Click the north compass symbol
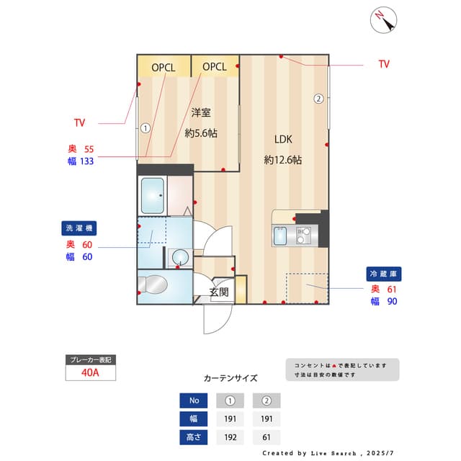tap(383, 19)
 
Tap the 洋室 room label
tap(201, 112)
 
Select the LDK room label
tap(282, 140)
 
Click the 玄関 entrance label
tap(219, 292)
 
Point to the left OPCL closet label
tap(164, 67)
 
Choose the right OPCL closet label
tap(215, 67)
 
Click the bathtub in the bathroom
tap(153, 195)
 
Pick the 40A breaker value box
tap(90, 373)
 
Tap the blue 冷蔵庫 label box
tap(384, 274)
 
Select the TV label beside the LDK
tap(384, 64)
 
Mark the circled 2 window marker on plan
tap(318, 99)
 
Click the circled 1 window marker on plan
tap(146, 129)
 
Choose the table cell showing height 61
tap(267, 437)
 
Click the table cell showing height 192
tap(230, 437)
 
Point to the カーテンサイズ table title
tap(230, 377)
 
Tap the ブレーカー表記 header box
tap(90, 359)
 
